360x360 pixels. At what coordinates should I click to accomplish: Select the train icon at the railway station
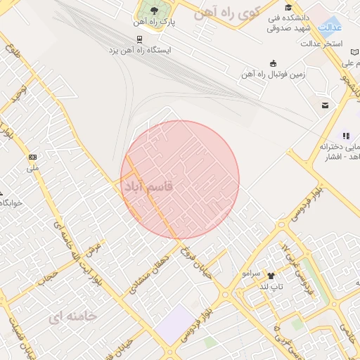[140, 39]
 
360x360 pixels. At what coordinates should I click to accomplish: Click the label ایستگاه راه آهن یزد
[140, 51]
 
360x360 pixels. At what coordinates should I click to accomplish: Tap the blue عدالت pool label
[330, 27]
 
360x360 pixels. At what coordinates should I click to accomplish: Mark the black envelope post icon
[325, 105]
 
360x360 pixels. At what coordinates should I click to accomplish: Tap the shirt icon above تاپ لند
[271, 276]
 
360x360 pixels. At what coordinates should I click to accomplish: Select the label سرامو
[251, 272]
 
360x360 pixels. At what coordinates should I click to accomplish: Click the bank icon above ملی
[32, 157]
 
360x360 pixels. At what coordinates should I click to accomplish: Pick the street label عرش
[93, 250]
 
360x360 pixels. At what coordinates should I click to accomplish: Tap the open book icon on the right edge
[345, 135]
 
